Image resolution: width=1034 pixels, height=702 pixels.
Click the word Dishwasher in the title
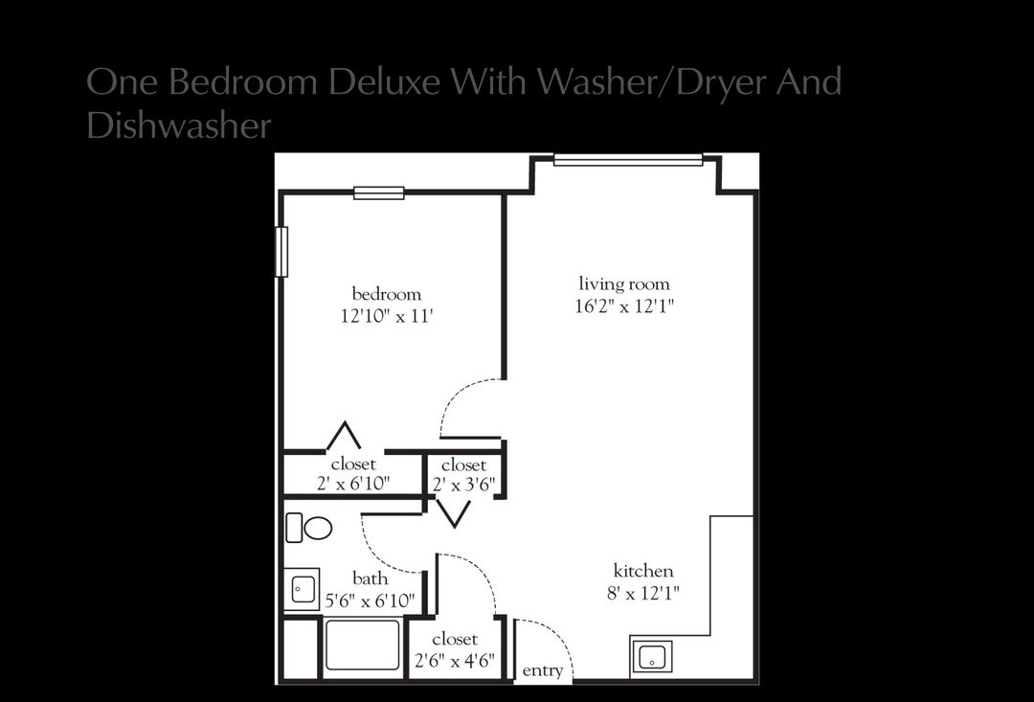179,125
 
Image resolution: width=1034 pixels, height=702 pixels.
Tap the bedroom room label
386,294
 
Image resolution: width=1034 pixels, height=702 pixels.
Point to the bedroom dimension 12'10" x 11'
386,316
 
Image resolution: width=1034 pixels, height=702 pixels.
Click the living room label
624,284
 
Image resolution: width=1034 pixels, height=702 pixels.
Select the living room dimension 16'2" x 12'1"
624,306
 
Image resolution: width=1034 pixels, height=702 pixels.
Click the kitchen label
643,571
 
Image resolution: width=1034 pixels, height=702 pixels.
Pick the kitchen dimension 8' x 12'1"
643,593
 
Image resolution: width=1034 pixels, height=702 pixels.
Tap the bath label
371,578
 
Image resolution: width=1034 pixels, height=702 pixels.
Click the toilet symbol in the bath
309,527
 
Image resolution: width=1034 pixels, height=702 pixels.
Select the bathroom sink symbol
303,589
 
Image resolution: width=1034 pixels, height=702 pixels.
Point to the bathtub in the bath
363,645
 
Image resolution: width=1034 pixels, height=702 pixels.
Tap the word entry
543,670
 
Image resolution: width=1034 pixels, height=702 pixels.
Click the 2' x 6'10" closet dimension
353,485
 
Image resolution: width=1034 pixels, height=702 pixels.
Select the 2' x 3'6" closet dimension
464,485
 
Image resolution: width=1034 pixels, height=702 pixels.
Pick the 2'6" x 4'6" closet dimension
455,660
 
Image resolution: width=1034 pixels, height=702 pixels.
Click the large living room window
628,160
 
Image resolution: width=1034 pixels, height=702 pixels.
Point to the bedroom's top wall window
379,192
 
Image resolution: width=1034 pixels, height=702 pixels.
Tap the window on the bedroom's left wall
281,251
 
